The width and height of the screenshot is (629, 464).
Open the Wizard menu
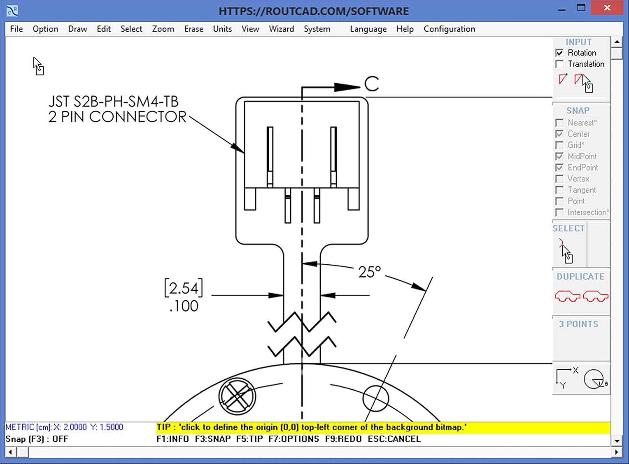pyautogui.click(x=281, y=29)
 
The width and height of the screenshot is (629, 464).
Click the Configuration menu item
pyautogui.click(x=449, y=29)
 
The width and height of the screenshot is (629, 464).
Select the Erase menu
pyautogui.click(x=193, y=29)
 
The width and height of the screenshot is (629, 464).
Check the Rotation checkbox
pyautogui.click(x=559, y=53)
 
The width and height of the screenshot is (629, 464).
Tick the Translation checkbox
pyautogui.click(x=559, y=64)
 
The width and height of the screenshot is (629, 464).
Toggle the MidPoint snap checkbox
pyautogui.click(x=559, y=156)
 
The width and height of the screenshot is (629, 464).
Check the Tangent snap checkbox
pyautogui.click(x=559, y=190)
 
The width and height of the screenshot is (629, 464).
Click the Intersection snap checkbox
pyautogui.click(x=559, y=213)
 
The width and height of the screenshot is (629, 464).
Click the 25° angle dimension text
pyautogui.click(x=369, y=272)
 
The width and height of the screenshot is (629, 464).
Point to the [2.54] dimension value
pyautogui.click(x=184, y=288)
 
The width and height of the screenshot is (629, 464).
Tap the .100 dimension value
pyautogui.click(x=184, y=306)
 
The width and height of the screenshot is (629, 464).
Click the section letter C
pyautogui.click(x=372, y=84)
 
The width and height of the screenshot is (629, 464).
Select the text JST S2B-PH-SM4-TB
pyautogui.click(x=113, y=102)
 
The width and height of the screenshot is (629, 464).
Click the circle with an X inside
pyautogui.click(x=237, y=396)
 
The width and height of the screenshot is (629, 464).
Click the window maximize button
pyautogui.click(x=581, y=8)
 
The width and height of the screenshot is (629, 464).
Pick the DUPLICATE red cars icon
pyautogui.click(x=581, y=296)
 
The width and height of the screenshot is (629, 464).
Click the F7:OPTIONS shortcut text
pyautogui.click(x=294, y=439)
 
